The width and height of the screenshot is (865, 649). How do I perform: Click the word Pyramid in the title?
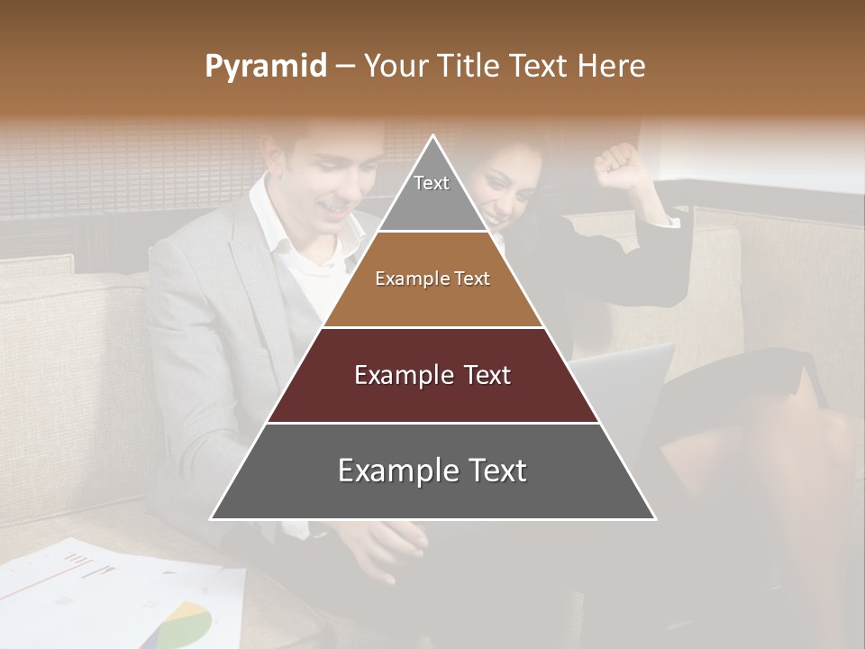click(x=265, y=67)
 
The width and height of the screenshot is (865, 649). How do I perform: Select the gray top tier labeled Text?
click(x=432, y=194)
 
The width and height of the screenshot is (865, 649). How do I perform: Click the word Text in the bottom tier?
click(x=491, y=471)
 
